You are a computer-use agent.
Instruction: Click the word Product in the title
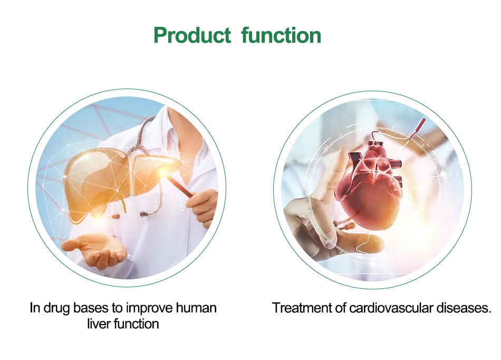pyautogui.click(x=192, y=35)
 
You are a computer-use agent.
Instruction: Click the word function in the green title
pyautogui.click(x=281, y=35)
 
